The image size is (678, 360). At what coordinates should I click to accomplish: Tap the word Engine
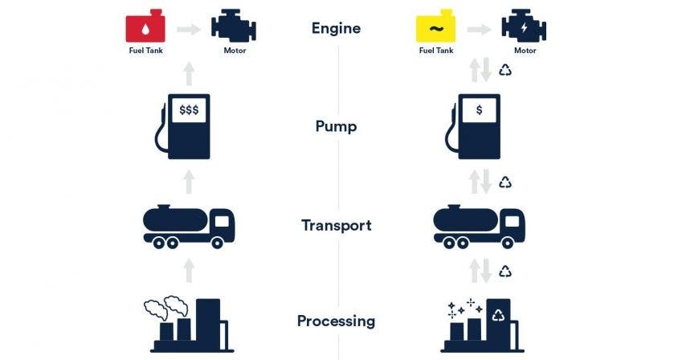pos(336,29)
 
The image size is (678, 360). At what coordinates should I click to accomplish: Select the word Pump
pos(336,127)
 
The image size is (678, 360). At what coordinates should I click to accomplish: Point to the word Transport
pos(336,225)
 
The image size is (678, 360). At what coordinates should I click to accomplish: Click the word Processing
pos(336,321)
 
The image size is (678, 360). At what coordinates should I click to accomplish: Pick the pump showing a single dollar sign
pos(477,127)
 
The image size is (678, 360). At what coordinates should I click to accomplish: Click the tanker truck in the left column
pos(189,225)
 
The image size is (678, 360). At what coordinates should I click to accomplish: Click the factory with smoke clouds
pos(189,325)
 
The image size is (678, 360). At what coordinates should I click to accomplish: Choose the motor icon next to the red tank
pos(233,27)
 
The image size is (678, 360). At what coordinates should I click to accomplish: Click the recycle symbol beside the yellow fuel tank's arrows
pos(505,72)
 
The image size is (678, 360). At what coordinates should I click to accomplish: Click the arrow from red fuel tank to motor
pos(189,28)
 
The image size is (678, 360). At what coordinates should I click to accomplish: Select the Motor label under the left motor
pos(234,51)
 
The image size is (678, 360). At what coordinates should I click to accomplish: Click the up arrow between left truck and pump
pos(189,182)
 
